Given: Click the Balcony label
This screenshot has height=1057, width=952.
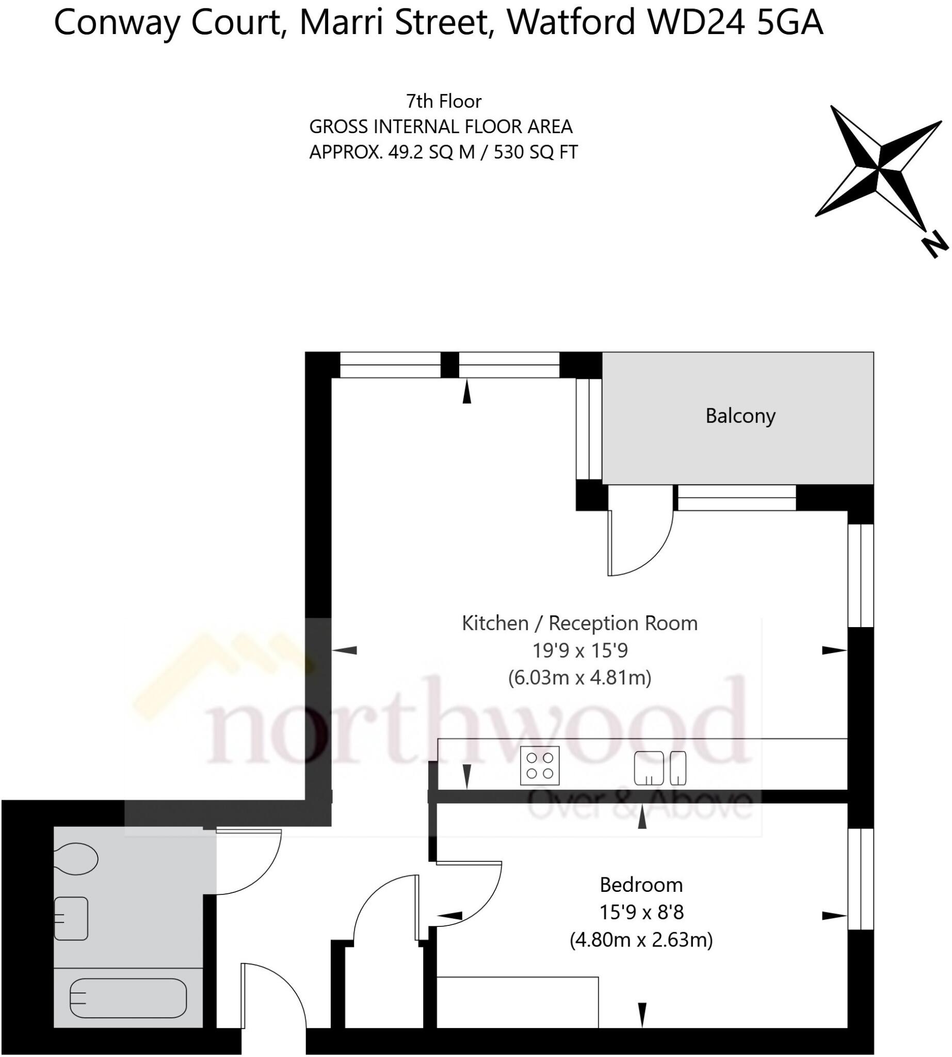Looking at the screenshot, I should (x=739, y=416).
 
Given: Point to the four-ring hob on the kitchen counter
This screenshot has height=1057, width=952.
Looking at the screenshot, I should (x=539, y=765).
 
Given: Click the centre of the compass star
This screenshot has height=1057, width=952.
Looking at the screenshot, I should (x=879, y=167).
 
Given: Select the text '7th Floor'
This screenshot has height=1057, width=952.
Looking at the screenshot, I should (x=444, y=101).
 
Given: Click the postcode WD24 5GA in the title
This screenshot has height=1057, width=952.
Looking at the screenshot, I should (x=734, y=23).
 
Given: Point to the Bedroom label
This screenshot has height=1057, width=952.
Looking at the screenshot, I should (x=641, y=885).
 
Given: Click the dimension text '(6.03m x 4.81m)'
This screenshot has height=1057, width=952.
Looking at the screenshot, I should (x=579, y=678).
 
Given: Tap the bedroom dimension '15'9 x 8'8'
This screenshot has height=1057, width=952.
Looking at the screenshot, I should (x=641, y=912).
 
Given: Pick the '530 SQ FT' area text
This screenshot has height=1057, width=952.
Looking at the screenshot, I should (x=536, y=152).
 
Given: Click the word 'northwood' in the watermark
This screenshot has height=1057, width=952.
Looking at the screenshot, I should (x=476, y=722).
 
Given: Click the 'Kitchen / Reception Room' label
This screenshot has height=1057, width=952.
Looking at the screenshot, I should (x=579, y=623).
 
